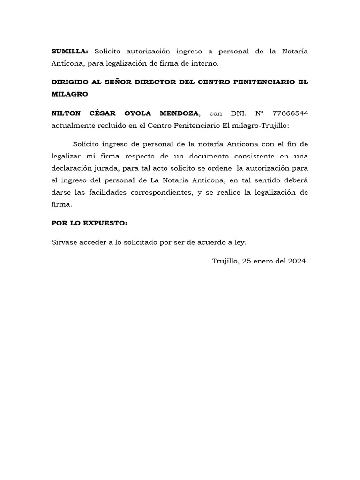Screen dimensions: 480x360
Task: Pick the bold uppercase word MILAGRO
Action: [x=70, y=94]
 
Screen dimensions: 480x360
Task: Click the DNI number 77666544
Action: [x=290, y=113]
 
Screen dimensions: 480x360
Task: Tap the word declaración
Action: [x=73, y=168]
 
